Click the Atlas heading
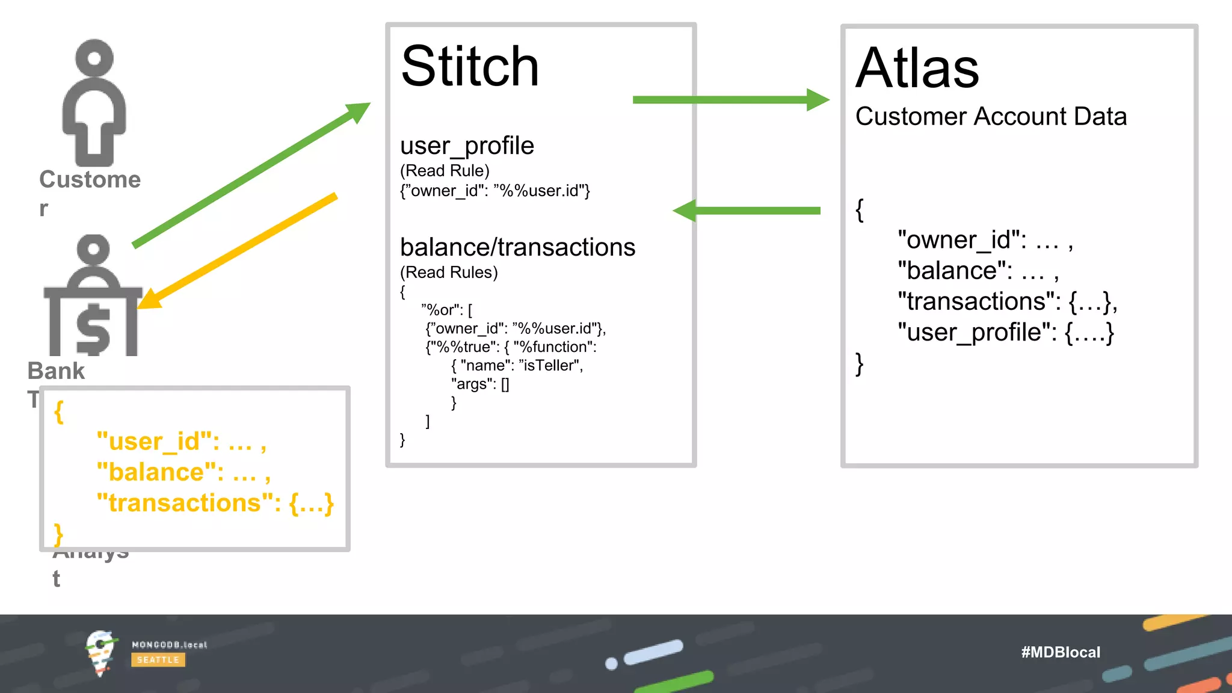917,69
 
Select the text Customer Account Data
991,117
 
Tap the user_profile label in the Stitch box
467,146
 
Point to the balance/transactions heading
517,247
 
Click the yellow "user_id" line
181,442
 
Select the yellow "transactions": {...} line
215,503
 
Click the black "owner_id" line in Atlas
985,240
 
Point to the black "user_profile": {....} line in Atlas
1005,332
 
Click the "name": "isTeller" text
517,366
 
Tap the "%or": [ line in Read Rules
447,310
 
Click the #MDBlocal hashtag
1060,652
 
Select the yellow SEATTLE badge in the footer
158,660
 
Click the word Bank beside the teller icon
57,371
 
